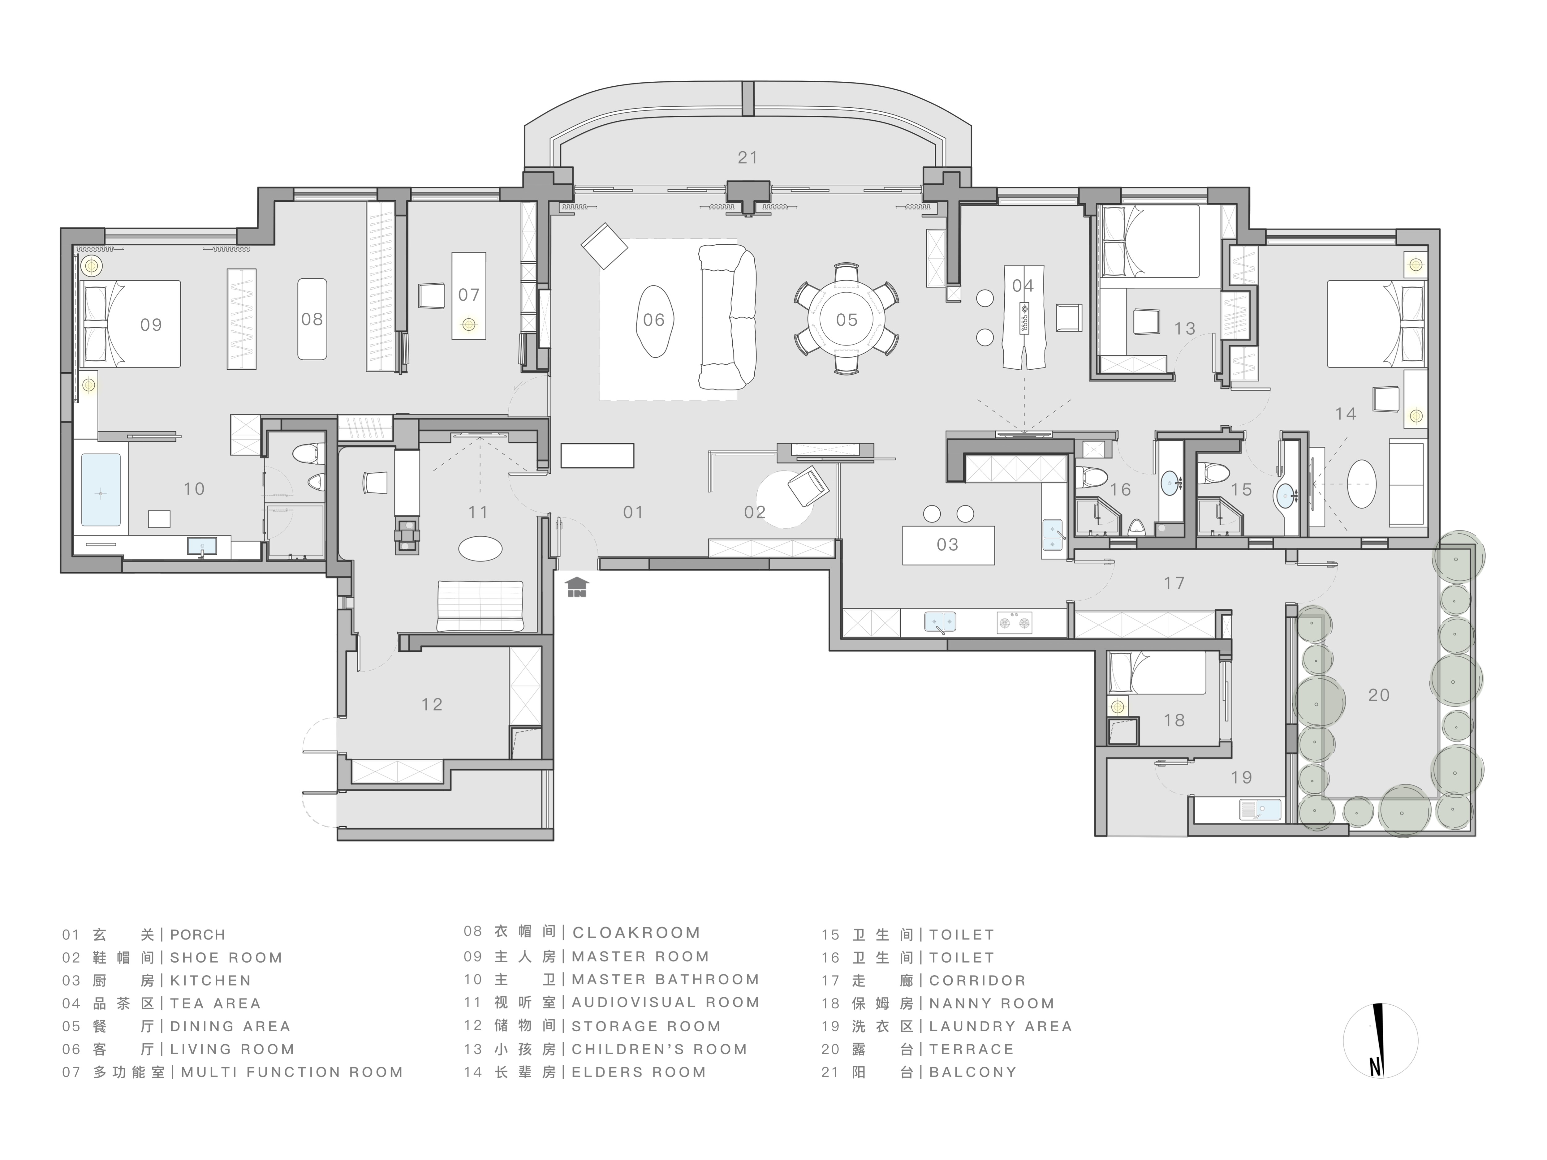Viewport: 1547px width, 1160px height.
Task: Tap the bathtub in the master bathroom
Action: [101, 489]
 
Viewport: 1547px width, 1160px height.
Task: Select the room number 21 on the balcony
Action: [748, 158]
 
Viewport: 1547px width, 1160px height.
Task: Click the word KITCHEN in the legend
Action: [210, 981]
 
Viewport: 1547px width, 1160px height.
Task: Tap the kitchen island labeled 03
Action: [948, 545]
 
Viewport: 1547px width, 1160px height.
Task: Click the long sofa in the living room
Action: [727, 318]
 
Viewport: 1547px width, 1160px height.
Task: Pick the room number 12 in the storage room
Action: [432, 705]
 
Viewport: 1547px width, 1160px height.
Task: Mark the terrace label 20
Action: [1378, 695]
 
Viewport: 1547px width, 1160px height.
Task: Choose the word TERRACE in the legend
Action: [972, 1050]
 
